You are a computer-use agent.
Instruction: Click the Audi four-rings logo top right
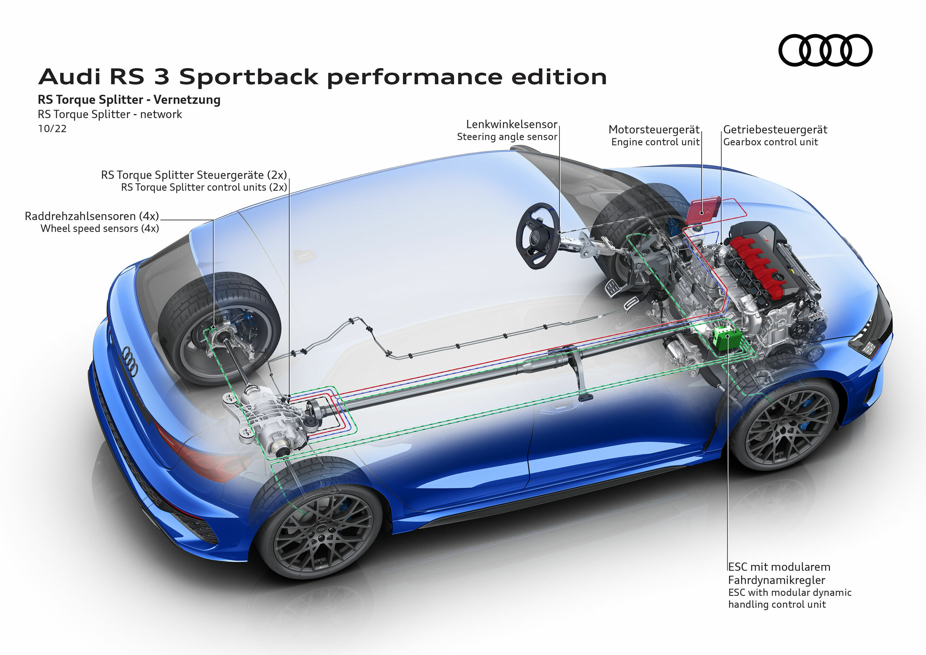[x=825, y=50]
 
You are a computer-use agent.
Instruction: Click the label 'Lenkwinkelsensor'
[x=512, y=124]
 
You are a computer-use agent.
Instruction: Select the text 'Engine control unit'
[x=655, y=142]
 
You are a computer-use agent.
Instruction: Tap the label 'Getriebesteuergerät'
[x=775, y=130]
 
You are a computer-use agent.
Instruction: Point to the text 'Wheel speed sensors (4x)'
[x=100, y=228]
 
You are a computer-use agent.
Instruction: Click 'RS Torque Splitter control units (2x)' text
[x=204, y=187]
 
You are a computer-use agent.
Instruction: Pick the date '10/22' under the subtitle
[x=52, y=129]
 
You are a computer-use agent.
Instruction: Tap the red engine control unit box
[x=703, y=210]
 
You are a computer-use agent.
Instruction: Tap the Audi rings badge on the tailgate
[x=130, y=361]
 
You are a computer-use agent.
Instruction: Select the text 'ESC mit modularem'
[x=779, y=567]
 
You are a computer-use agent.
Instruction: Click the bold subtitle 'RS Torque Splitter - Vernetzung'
[x=129, y=100]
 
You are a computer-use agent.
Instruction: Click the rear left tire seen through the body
[x=220, y=327]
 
